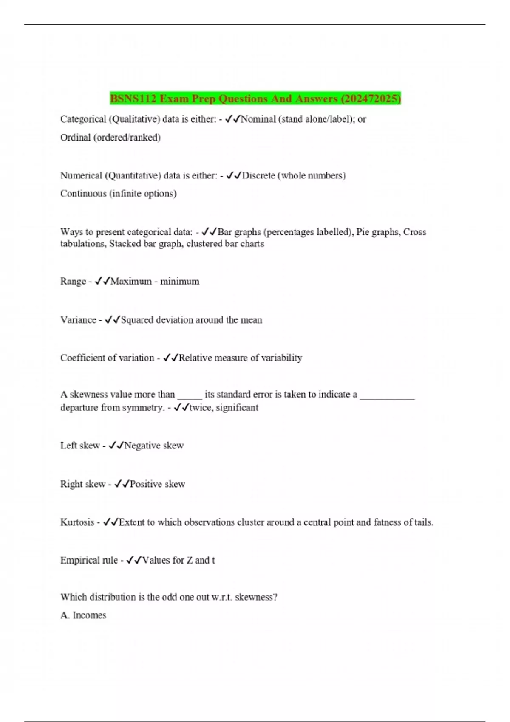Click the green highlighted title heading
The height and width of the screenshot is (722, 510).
click(255, 99)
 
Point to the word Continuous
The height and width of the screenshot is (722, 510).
click(83, 194)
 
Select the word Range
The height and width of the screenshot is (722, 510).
click(73, 282)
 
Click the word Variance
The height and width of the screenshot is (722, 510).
click(78, 320)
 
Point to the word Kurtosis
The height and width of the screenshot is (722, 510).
click(77, 522)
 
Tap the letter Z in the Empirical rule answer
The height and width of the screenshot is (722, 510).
click(190, 561)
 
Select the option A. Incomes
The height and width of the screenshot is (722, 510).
click(83, 615)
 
